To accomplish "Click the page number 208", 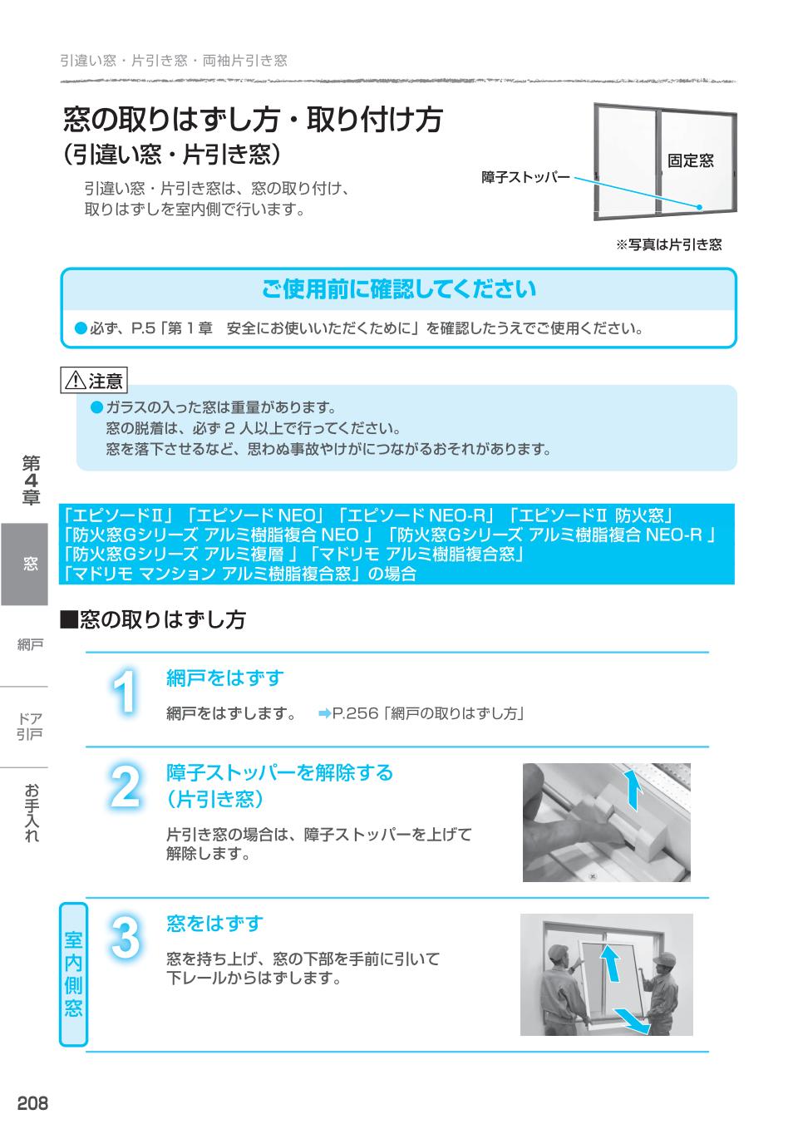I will click(x=32, y=1103).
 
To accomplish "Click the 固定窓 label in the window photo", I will click(x=690, y=160).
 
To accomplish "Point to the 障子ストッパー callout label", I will click(x=525, y=177).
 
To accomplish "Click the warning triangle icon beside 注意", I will click(x=76, y=382).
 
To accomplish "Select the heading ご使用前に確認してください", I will click(x=399, y=289).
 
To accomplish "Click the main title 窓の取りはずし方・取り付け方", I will click(x=253, y=121).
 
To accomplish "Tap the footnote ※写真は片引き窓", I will click(x=668, y=244).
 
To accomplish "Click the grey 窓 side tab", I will click(x=30, y=564).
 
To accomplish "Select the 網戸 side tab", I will click(x=30, y=644).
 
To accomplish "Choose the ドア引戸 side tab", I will click(x=30, y=726).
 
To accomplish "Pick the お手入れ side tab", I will click(x=30, y=813).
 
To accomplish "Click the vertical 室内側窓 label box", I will click(x=73, y=974).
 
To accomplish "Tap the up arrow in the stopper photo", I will click(x=634, y=789).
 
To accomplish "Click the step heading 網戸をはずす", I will click(x=224, y=678).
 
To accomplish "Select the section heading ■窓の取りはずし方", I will click(x=153, y=619).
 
